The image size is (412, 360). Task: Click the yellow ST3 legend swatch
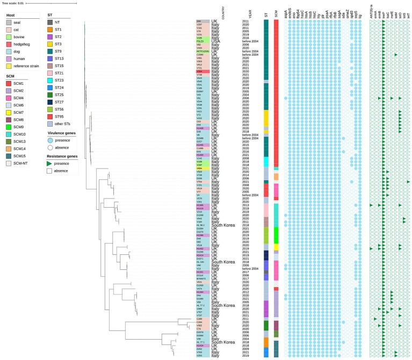49,44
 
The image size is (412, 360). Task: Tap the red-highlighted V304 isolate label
199,71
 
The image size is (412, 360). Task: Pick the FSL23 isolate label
199,41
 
